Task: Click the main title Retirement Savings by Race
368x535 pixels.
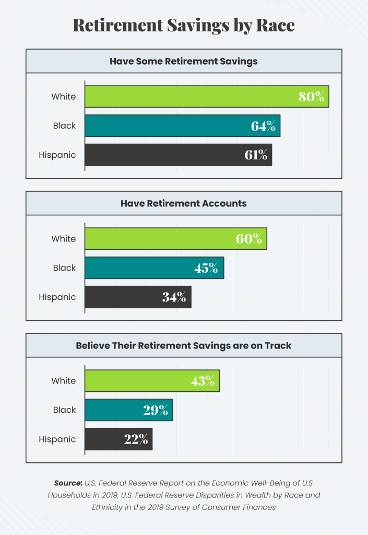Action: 184,25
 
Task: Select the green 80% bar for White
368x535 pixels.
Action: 206,97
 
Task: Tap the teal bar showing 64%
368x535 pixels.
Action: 182,126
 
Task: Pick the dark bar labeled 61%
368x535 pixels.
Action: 178,155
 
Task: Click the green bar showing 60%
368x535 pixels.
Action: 175,239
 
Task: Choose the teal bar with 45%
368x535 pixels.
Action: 154,268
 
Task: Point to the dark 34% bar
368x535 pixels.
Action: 138,297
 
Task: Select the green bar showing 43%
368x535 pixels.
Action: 152,381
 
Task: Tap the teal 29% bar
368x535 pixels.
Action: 128,410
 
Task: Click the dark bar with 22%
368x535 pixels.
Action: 118,439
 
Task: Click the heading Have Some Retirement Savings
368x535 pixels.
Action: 184,61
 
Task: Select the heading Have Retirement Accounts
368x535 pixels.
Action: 184,203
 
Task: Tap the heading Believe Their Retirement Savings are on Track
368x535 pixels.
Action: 184,345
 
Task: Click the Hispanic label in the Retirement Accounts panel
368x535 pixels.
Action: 57,297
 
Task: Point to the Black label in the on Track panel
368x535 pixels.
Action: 64,410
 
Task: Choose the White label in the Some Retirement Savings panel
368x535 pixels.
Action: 63,97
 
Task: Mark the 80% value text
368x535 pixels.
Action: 311,97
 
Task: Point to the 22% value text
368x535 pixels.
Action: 136,439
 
